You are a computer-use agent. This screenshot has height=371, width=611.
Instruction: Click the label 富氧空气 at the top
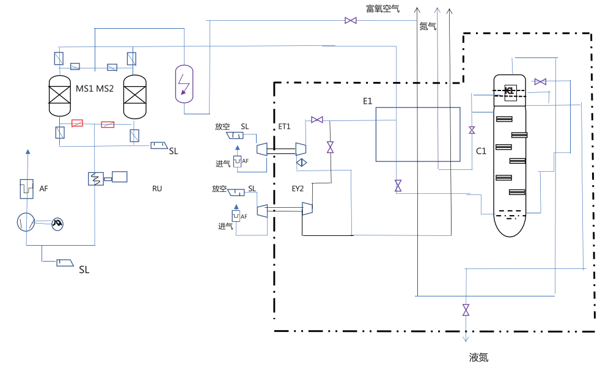[x=382, y=8]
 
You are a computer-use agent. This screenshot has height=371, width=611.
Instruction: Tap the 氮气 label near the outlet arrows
[x=427, y=26]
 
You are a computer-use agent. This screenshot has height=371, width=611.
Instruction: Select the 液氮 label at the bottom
[x=478, y=358]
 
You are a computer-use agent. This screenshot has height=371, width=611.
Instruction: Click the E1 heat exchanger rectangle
[x=417, y=134]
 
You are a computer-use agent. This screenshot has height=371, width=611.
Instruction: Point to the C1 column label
[x=481, y=151]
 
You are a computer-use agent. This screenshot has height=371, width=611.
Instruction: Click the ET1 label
[x=284, y=127]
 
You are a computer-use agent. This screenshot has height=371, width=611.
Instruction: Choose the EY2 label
[x=297, y=189]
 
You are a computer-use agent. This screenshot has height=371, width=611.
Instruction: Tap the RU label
[x=157, y=189]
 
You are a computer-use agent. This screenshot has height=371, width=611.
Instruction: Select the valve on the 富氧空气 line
[x=351, y=21]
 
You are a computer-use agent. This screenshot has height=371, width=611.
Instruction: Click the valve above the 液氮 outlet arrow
[x=466, y=310]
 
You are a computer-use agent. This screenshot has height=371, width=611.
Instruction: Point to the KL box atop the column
[x=510, y=91]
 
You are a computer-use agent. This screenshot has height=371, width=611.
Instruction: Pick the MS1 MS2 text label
[x=95, y=89]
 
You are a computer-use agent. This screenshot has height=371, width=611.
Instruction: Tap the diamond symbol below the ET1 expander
[x=301, y=163]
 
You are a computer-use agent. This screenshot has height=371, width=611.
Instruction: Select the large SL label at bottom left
[x=84, y=270]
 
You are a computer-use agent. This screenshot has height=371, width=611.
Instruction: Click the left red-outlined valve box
[x=78, y=123]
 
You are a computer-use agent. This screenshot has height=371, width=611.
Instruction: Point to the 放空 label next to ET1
[x=222, y=127]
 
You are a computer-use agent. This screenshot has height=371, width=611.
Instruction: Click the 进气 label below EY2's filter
[x=225, y=226]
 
